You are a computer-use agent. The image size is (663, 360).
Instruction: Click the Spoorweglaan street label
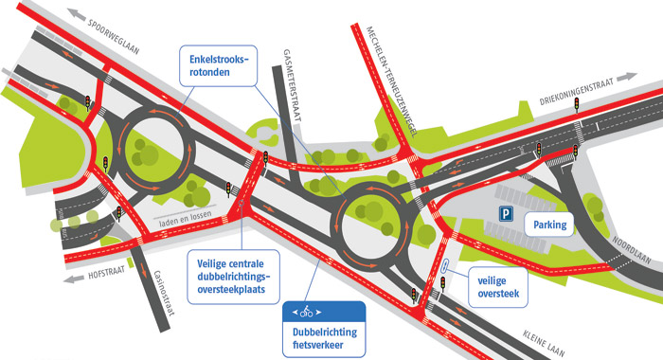tap(113, 37)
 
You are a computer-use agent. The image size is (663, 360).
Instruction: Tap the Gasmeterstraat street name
tap(293, 85)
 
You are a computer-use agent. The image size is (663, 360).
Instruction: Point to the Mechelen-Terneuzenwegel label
tap(391, 81)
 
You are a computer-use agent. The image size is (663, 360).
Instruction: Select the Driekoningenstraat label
tap(576, 92)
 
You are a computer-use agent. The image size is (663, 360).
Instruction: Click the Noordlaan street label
tap(632, 250)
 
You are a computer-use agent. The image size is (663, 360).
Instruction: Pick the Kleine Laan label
tap(544, 343)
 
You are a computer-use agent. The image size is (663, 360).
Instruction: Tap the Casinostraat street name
tap(165, 293)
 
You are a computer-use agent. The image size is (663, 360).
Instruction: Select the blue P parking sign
tap(506, 213)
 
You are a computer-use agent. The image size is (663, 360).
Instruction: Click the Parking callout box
tap(549, 225)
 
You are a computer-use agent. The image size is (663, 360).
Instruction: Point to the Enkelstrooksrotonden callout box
tap(218, 65)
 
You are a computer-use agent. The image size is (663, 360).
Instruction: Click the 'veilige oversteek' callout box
tap(498, 287)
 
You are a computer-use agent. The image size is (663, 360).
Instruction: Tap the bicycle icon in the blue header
tap(307, 312)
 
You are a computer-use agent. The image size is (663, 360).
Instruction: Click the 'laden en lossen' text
tap(185, 220)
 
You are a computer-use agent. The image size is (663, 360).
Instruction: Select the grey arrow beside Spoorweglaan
tap(77, 13)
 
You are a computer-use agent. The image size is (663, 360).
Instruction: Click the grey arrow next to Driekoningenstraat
tap(627, 78)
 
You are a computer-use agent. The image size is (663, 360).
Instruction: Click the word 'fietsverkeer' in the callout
tap(318, 345)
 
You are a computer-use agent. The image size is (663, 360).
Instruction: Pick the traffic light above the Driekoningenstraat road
tap(576, 104)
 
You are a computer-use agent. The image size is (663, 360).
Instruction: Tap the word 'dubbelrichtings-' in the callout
tap(233, 277)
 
